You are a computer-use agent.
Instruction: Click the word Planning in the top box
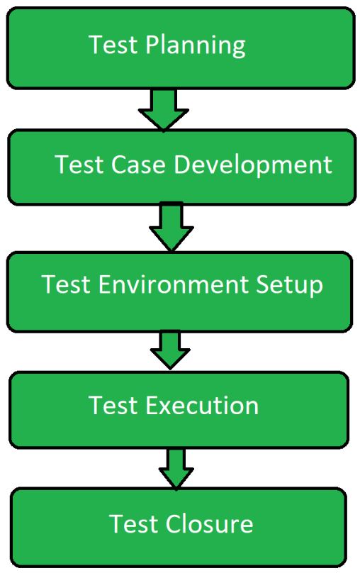196,45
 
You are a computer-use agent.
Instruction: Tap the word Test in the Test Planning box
113,45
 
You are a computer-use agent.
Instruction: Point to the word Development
253,165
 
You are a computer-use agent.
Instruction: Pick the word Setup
289,285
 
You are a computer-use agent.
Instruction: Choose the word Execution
202,405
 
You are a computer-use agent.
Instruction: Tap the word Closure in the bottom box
209,523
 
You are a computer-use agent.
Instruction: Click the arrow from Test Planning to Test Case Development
164,109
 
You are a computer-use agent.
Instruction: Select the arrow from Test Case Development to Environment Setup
171,227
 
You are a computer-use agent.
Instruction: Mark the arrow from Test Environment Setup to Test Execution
170,350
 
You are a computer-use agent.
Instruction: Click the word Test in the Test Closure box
133,523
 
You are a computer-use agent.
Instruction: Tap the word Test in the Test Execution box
113,405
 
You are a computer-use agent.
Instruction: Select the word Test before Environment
67,284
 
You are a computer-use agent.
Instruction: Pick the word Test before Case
79,164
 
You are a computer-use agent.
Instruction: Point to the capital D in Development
182,164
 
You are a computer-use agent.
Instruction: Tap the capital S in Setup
263,284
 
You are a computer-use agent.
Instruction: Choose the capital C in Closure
174,523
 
